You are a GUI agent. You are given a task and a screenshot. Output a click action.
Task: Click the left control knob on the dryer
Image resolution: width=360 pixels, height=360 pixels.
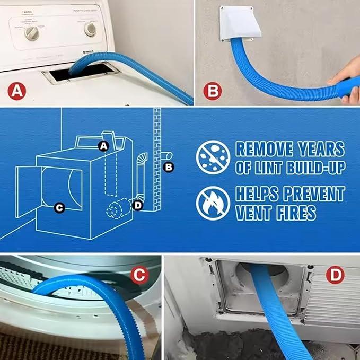click(x=31, y=33)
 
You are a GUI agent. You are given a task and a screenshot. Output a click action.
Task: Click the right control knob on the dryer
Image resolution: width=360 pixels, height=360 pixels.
click(x=91, y=30)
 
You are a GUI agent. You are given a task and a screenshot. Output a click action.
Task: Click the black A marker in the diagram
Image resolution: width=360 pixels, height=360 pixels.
click(x=104, y=145)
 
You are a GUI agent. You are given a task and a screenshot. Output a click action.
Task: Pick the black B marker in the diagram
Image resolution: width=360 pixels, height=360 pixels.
click(x=169, y=168)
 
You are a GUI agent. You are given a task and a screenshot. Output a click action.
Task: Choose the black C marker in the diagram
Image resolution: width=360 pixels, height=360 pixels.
click(x=59, y=208)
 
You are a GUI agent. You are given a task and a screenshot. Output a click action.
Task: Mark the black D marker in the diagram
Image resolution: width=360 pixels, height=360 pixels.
click(x=138, y=204)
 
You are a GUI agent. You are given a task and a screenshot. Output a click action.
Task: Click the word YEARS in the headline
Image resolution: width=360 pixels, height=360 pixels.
click(x=317, y=149)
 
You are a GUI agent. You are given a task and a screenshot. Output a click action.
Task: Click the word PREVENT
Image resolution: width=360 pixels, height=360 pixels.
click(x=309, y=194)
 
